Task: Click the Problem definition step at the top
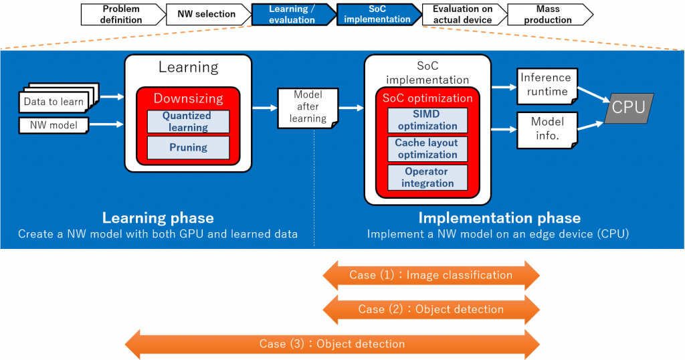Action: click(122, 14)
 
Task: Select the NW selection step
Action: click(206, 14)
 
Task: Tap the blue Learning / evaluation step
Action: click(292, 14)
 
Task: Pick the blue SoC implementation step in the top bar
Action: click(377, 14)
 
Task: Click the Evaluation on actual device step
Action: click(462, 14)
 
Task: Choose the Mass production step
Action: click(548, 14)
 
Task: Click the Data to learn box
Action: click(54, 102)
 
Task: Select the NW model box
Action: click(54, 124)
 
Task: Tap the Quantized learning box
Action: click(188, 121)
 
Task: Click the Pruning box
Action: click(188, 147)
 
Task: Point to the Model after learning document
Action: click(308, 107)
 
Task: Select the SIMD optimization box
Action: click(427, 120)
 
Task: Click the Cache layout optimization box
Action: click(427, 149)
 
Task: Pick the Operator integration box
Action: click(427, 177)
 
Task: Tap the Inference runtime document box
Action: click(547, 85)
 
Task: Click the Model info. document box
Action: click(547, 128)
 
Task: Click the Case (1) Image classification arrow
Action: click(431, 275)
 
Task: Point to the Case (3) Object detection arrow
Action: click(332, 344)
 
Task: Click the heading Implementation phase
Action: click(499, 218)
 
